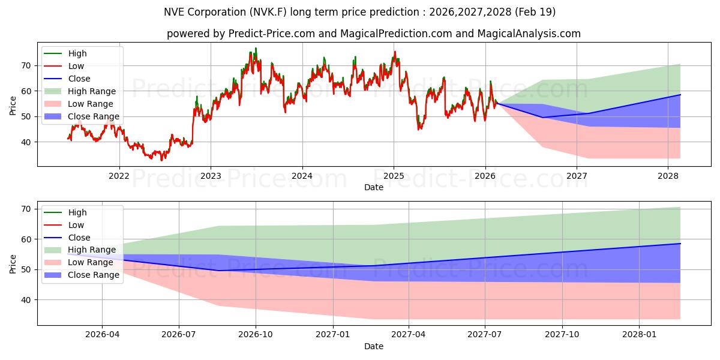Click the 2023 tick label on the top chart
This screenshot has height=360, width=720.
click(211, 176)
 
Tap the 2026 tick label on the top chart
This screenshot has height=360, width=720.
click(485, 176)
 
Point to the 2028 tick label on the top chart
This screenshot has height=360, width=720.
click(668, 176)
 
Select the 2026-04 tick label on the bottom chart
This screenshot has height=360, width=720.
click(102, 335)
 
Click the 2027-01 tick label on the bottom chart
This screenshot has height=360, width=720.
click(333, 335)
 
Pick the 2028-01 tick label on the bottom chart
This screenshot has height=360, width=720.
click(640, 335)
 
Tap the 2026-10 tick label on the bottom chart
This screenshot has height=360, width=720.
click(256, 335)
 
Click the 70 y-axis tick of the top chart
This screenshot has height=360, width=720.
click(26, 66)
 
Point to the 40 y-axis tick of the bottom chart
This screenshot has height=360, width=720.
click(26, 300)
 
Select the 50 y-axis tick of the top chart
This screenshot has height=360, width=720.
click(26, 116)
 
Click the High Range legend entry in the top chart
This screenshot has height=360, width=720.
click(80, 91)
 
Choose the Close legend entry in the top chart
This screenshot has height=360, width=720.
click(67, 79)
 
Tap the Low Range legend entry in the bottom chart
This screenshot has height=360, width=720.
click(79, 262)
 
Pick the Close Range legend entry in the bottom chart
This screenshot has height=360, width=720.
click(82, 275)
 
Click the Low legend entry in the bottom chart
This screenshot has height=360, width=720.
click(64, 225)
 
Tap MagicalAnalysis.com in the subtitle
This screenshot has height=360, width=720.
click(529, 34)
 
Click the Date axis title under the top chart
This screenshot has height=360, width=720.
click(373, 187)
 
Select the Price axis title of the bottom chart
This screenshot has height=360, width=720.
click(13, 264)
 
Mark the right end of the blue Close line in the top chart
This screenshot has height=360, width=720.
click(680, 95)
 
